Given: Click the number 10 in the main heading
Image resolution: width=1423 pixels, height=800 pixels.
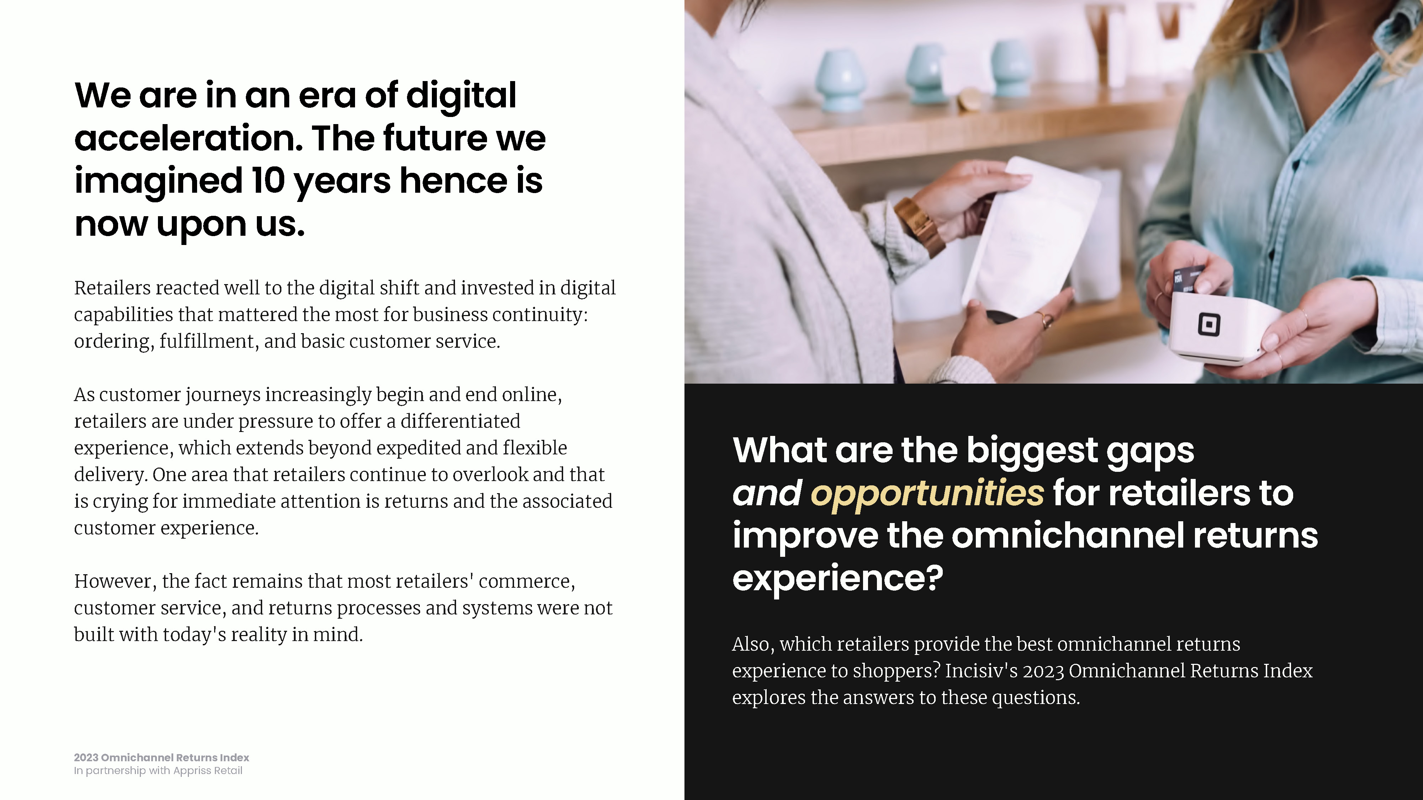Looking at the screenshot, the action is (269, 181).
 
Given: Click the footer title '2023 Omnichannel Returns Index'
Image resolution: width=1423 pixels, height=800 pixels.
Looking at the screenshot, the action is (161, 757).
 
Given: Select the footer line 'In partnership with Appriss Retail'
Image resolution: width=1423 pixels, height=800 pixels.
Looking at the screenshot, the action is (158, 771).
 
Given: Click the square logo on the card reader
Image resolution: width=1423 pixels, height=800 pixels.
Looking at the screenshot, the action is (1209, 324).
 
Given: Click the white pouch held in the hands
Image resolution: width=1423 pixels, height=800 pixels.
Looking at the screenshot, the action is (1030, 238).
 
